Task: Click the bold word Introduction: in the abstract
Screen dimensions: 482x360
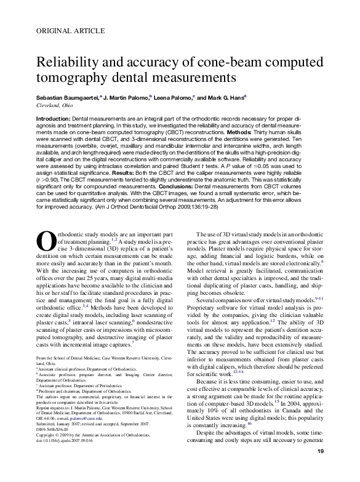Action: point(54,118)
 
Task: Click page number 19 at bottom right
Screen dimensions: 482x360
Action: point(320,470)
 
